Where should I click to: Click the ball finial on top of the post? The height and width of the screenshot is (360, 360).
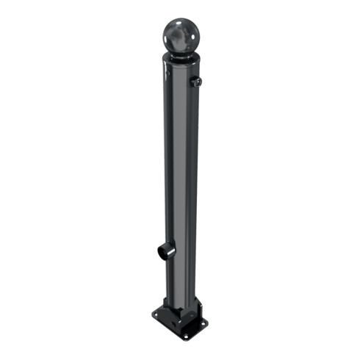coord(180,35)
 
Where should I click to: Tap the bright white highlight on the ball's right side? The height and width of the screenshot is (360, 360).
coord(192,31)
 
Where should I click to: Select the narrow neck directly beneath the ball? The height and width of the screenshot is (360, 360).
coord(180,56)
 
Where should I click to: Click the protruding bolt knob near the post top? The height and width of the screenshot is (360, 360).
coord(196,82)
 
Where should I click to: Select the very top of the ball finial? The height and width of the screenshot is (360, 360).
coord(180,18)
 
